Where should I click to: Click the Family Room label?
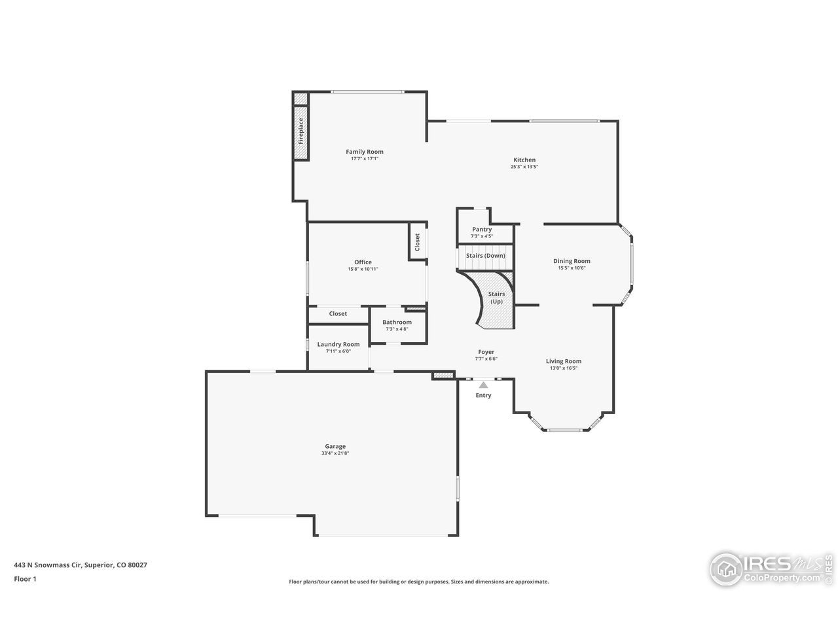pos(365,152)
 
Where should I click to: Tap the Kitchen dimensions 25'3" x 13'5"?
pos(524,167)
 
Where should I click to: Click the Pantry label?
pos(482,230)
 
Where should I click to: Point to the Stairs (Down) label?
pos(485,256)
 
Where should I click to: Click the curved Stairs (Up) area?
pos(496,298)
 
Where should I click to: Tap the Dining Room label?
pos(572,261)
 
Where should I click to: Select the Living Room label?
pos(564,361)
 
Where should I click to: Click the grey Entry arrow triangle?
pos(483,385)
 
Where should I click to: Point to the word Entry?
pos(483,395)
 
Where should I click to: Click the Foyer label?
pos(486,352)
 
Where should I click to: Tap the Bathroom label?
pos(397,322)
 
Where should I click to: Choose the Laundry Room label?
pos(338,344)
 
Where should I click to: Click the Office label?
pos(363,262)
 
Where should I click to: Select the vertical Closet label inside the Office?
pos(417,242)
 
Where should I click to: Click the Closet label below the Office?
pos(338,314)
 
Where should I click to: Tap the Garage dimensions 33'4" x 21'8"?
pos(335,453)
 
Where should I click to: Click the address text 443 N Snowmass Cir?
pos(48,565)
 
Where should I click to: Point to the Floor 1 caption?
pos(25,578)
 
